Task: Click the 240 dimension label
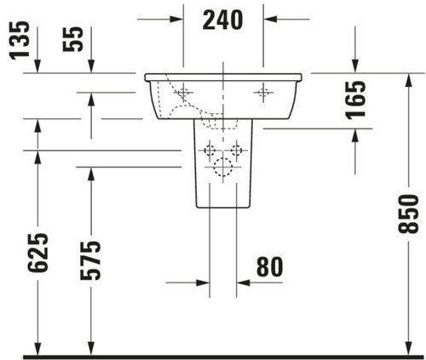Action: coord(222,20)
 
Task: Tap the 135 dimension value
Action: coord(20,40)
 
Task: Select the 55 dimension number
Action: coord(73,39)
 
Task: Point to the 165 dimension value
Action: coord(355,100)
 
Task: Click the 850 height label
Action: coord(408,214)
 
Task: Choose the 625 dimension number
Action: coord(38,253)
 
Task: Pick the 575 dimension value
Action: coord(90,260)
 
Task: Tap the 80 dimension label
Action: coord(270,266)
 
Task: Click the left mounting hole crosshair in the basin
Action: coord(183,93)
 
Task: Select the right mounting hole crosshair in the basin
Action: coord(263,93)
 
